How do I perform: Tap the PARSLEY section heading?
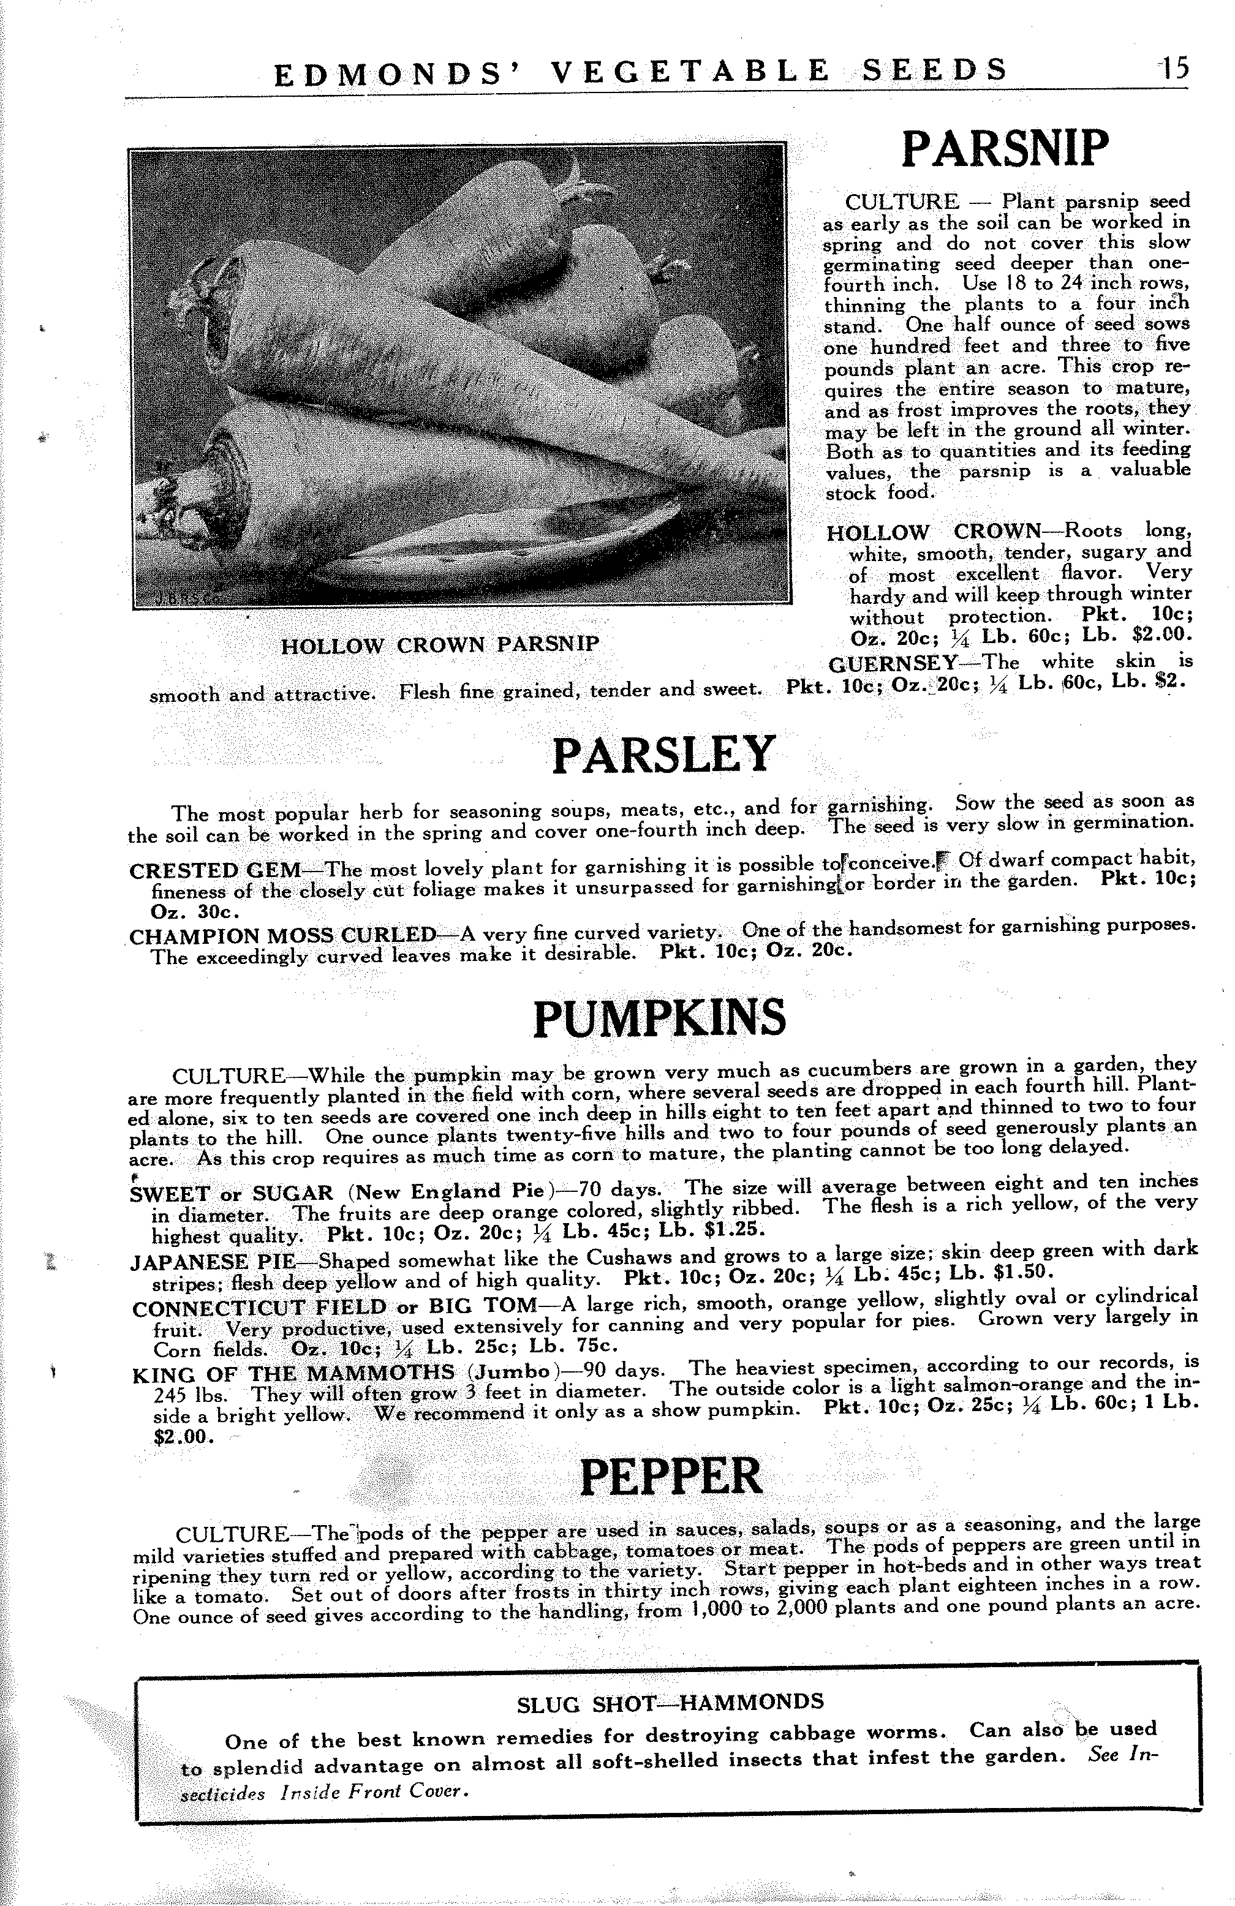(664, 755)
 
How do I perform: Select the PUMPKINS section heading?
(659, 1017)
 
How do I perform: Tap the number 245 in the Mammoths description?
(169, 1395)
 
